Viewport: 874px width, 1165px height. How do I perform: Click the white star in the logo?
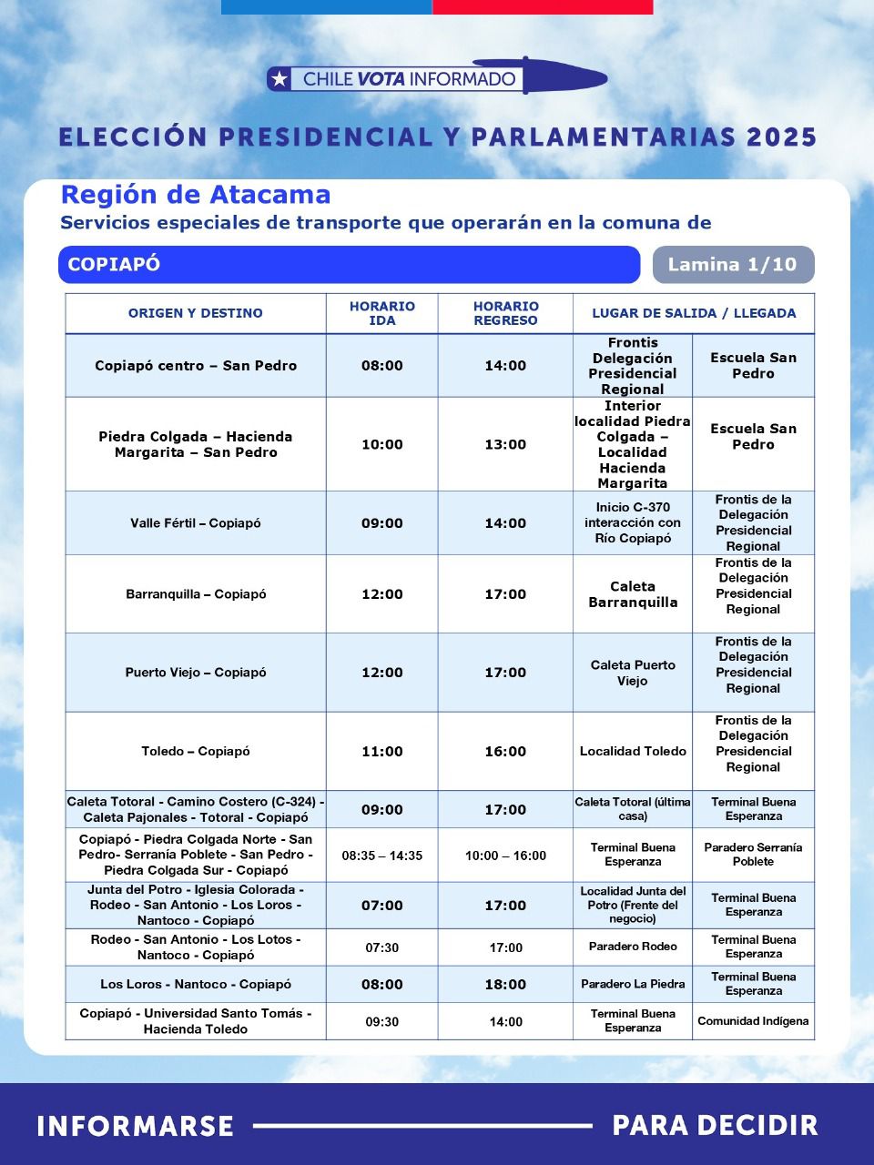pos(280,79)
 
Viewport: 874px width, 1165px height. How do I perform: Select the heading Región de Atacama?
pos(196,195)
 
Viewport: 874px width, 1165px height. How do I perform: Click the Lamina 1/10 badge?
pos(732,265)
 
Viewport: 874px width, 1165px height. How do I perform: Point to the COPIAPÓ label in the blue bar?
pos(114,265)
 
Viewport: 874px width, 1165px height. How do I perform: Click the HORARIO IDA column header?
pos(382,313)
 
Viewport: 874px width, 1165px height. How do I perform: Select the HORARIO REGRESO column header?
pos(505,313)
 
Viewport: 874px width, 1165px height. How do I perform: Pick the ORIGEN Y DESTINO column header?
pos(196,313)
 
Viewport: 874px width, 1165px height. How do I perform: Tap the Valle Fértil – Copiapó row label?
pos(196,523)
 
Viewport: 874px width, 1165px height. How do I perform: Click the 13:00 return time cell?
pos(505,445)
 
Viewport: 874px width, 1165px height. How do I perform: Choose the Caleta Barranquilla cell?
pos(633,594)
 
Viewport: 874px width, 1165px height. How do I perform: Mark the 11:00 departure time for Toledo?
pos(382,752)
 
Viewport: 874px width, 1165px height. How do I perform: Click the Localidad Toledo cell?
pos(633,752)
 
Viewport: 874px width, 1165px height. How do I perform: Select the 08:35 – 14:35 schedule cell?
pos(382,856)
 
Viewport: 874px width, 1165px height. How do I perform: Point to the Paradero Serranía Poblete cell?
pos(753,855)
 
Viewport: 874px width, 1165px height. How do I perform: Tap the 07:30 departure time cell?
pos(382,947)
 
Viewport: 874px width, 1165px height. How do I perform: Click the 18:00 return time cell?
pos(505,985)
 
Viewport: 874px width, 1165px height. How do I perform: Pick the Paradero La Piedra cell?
pos(633,985)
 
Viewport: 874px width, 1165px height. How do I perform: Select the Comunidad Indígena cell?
pos(753,1021)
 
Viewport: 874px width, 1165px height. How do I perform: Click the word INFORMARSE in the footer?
pos(136,1126)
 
